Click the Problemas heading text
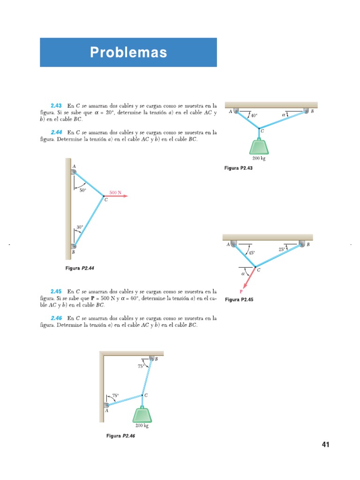pos(128,52)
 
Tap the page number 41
pos(326,444)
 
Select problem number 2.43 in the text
pos(56,105)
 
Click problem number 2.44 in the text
pos(56,133)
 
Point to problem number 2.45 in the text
pos(56,291)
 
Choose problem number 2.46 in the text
pos(56,318)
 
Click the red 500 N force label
pos(115,192)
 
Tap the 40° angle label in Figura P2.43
pos(254,115)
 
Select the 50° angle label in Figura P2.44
pos(82,190)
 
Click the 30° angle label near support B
pos(80,227)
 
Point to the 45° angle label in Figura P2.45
pos(251,253)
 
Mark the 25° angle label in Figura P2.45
pos(282,249)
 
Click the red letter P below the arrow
pos(241,291)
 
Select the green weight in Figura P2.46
pos(142,415)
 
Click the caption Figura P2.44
pos(83,268)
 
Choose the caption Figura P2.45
pos(239,300)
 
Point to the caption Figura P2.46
pos(121,436)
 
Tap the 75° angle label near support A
pos(115,396)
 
